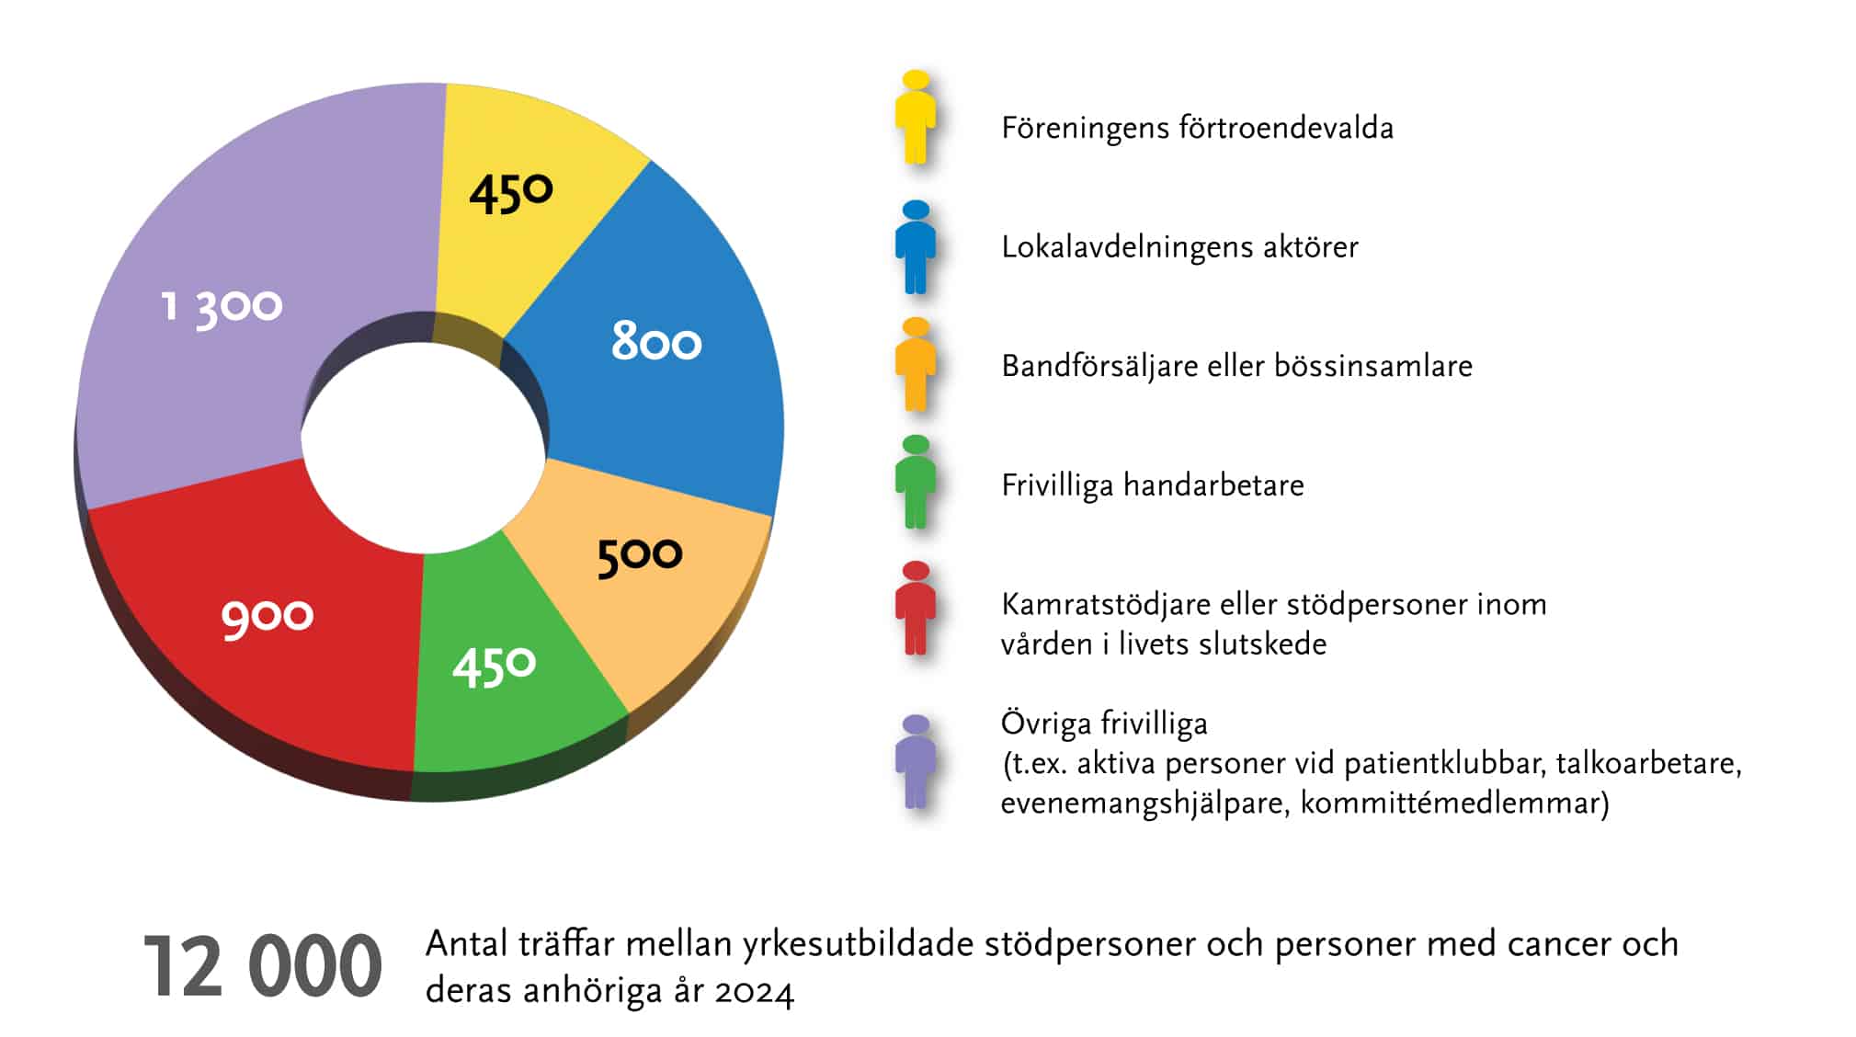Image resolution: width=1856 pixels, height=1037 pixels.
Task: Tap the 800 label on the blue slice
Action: pyautogui.click(x=656, y=341)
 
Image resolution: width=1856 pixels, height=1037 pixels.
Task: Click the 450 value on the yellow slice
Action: pyautogui.click(x=511, y=194)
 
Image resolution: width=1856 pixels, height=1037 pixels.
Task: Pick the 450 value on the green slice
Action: pyautogui.click(x=494, y=666)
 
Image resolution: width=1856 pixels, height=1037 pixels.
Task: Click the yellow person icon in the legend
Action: pyautogui.click(x=916, y=118)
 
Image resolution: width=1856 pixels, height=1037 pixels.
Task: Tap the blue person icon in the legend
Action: pyautogui.click(x=916, y=247)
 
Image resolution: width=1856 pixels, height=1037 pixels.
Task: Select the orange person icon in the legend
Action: pyautogui.click(x=916, y=365)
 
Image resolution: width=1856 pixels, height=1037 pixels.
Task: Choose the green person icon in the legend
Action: pyautogui.click(x=916, y=483)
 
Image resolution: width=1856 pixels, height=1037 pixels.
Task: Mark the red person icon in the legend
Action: pyautogui.click(x=916, y=609)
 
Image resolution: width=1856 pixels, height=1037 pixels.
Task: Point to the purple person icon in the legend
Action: pyautogui.click(x=916, y=762)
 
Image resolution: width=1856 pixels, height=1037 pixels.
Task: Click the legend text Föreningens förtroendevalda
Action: pyautogui.click(x=1197, y=128)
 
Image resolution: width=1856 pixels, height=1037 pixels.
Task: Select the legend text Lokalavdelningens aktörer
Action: pyautogui.click(x=1179, y=247)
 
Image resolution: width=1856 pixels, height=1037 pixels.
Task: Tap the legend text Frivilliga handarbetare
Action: pyautogui.click(x=1153, y=485)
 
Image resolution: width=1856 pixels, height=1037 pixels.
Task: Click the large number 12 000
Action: pyautogui.click(x=262, y=966)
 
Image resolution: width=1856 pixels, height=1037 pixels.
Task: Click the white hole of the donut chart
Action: pyautogui.click(x=423, y=448)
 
